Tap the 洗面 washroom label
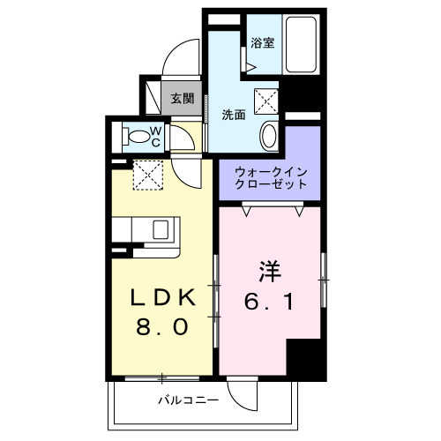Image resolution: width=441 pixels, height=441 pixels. pos(233,114)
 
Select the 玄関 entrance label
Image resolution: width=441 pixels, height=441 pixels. pos(182,99)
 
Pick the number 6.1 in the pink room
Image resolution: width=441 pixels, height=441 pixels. pos(269,301)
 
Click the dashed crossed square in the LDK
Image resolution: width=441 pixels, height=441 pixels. pos(147,173)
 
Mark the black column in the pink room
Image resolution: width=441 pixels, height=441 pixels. pos(306,360)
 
